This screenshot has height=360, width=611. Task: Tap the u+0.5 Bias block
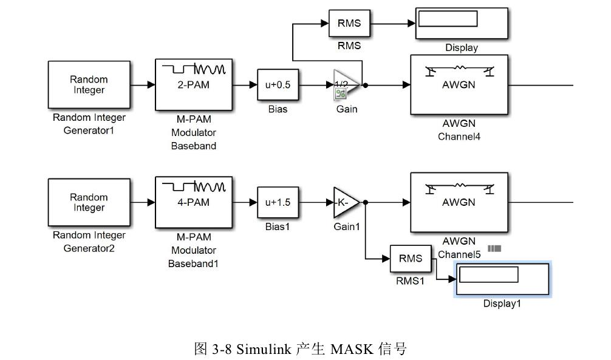click(278, 85)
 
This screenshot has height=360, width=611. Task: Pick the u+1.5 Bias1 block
click(278, 203)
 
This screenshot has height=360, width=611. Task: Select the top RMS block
click(349, 24)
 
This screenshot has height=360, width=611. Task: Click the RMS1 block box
click(411, 259)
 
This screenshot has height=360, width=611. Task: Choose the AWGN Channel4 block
click(459, 85)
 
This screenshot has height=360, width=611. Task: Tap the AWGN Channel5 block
click(459, 203)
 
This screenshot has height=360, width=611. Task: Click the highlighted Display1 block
click(502, 279)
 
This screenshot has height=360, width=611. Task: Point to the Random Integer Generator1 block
click(89, 85)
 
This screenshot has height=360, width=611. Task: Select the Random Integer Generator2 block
click(89, 203)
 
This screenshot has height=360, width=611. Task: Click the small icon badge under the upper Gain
click(340, 94)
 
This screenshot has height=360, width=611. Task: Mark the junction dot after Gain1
click(365, 203)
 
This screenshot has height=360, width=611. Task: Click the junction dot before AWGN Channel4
click(365, 86)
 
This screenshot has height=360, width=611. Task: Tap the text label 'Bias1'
click(277, 226)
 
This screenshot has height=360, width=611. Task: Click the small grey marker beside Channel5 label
click(494, 248)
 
